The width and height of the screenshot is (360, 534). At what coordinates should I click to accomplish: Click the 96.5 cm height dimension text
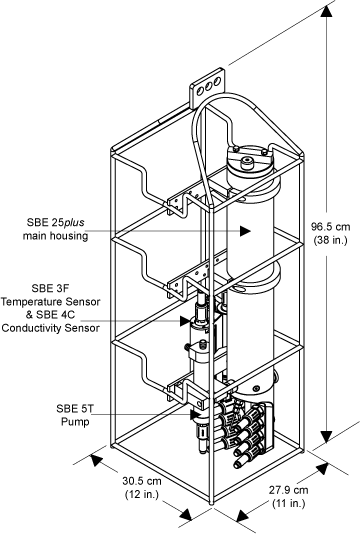click(330, 226)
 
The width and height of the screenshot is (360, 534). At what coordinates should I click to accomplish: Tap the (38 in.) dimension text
click(330, 240)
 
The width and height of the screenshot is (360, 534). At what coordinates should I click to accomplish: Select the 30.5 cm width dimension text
click(142, 481)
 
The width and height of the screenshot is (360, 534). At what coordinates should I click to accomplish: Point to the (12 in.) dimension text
click(142, 494)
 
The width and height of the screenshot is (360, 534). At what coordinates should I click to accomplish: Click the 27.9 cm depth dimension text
click(289, 490)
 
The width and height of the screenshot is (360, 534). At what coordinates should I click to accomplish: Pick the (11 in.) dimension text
click(288, 503)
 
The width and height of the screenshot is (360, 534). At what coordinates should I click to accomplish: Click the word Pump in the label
click(75, 422)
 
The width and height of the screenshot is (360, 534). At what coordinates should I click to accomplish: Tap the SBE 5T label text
click(73, 408)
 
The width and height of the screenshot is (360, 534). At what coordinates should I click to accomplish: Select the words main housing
click(56, 236)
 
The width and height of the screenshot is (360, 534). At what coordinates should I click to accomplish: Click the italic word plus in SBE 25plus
click(74, 223)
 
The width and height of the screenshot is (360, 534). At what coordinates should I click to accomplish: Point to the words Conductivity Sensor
click(51, 328)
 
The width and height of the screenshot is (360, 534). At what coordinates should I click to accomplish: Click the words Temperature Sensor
click(51, 301)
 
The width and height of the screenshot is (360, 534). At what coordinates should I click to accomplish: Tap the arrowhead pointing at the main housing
click(245, 231)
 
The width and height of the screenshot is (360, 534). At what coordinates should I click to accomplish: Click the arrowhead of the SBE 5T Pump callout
click(196, 414)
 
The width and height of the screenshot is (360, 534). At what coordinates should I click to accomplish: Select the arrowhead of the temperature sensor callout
click(186, 320)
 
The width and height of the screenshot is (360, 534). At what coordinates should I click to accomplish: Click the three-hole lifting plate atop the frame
click(207, 88)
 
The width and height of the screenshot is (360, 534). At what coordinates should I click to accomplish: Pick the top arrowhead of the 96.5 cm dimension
click(326, 12)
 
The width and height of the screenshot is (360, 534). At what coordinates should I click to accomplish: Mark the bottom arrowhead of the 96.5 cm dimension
click(326, 437)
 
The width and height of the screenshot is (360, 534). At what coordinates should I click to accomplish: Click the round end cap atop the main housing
click(251, 160)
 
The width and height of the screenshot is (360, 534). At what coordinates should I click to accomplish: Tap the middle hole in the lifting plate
click(209, 85)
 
